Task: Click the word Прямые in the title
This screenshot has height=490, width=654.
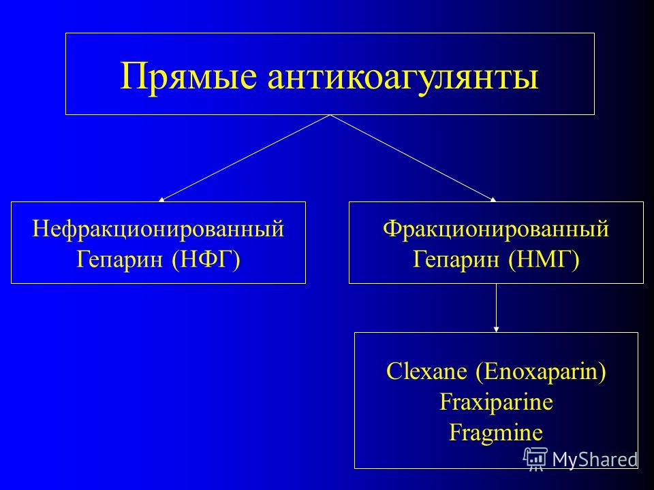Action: pos(189,77)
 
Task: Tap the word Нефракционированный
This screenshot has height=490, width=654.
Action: pos(158,229)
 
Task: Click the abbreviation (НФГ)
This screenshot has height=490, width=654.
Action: pos(206,259)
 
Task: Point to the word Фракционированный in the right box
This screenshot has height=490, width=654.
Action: pos(496,229)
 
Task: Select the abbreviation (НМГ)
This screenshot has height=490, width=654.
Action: pos(544,259)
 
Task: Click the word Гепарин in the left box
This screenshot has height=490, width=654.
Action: pos(120,259)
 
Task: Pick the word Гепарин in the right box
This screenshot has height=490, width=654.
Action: pos(456,259)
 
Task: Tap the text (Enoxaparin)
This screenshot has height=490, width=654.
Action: pos(541,372)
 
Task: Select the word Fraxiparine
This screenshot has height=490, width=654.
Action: pos(497,402)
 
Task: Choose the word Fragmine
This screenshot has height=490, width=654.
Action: pos(497,433)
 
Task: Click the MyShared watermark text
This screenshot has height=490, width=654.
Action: pos(595,459)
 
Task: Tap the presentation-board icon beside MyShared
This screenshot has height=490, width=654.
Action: pos(535,459)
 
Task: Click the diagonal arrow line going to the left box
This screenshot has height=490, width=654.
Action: pos(245,159)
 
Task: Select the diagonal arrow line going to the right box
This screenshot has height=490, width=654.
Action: pos(414,159)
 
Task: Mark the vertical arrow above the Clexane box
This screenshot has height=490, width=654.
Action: pos(497,308)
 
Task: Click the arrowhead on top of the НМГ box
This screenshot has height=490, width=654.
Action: pos(493,199)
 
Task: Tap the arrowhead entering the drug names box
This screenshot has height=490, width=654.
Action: pos(497,329)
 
